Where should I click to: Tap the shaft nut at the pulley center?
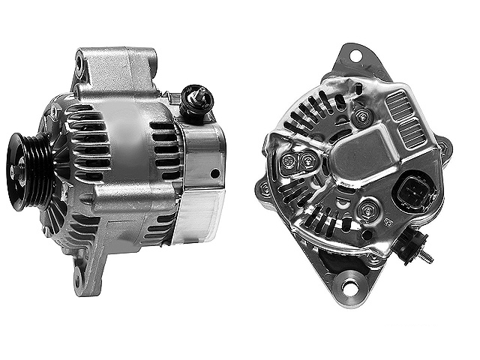tap(15, 171)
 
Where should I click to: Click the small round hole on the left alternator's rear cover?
tap(215, 173)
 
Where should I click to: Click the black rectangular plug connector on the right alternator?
tap(411, 193)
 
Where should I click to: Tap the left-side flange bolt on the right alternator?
tap(264, 190)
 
